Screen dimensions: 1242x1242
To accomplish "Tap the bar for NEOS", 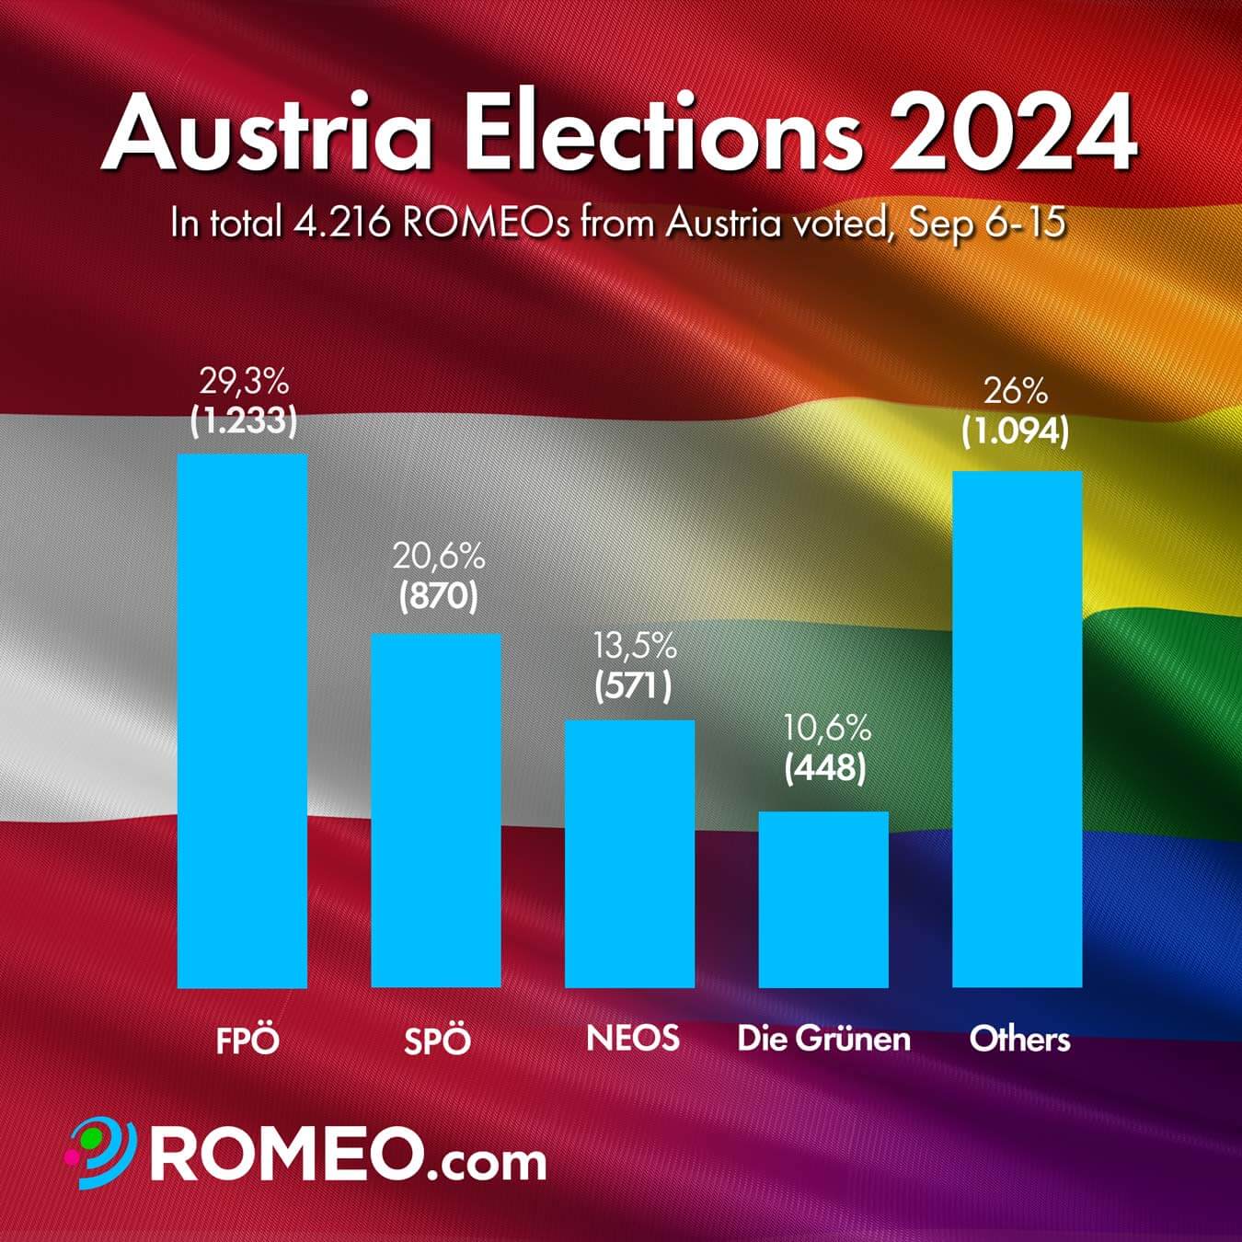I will pos(629,853).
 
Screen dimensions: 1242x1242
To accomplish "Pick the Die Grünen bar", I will pos(823,899).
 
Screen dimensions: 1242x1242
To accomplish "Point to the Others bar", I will pos(1017,729).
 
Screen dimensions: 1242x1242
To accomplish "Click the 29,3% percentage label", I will pos(244,381).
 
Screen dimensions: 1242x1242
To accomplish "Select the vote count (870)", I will pos(438,597).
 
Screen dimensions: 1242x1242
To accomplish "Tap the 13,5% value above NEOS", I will pos(634,647).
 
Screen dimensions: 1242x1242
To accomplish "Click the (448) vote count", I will pos(825,769).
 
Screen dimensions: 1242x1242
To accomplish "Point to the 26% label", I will pos(1016,392).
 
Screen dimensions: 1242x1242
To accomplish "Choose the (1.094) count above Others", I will pos(1016,431).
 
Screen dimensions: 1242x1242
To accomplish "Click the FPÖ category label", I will pos(247,1041).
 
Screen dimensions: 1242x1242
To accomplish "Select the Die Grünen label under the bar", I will pos(823,1039).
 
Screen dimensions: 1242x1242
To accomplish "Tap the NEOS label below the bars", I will pos(633,1038).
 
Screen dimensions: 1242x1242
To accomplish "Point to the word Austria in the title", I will pos(268,136).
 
